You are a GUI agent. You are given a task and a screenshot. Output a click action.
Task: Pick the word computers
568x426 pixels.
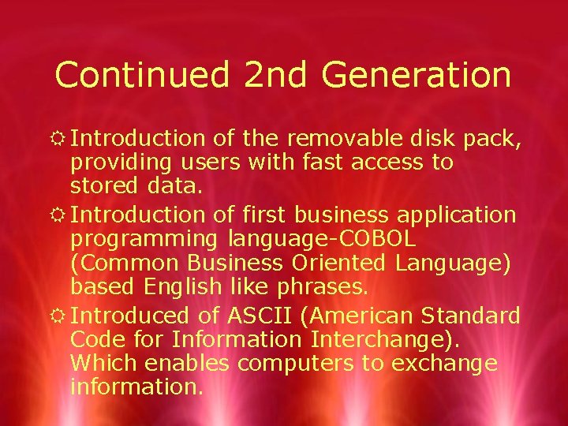298,364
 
